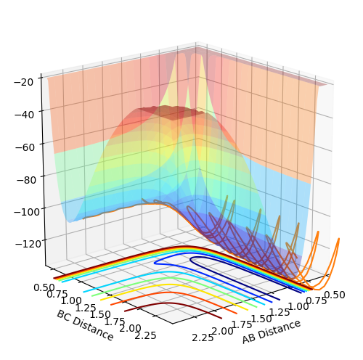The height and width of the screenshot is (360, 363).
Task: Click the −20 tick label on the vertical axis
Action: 24,82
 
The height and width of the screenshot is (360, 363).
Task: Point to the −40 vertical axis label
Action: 24,115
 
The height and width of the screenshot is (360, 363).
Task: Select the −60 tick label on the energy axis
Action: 25,147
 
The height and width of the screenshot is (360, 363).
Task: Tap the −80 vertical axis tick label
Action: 26,180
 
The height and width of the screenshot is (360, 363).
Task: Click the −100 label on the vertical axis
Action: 27,212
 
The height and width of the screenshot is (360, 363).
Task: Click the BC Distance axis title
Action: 85,325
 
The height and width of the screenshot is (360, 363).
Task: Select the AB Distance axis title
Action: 272,332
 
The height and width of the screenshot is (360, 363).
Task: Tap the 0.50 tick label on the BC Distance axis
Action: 44,288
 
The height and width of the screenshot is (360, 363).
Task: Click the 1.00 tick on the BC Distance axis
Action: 71,301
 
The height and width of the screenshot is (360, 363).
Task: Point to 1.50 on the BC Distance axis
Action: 100,315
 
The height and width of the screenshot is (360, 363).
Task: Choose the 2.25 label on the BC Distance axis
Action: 145,336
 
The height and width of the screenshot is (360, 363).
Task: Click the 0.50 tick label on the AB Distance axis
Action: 334,295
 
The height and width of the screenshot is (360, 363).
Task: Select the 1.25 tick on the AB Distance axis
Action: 280,313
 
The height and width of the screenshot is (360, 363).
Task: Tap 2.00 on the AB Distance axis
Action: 223,331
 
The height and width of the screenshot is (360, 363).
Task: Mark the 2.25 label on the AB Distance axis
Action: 203,337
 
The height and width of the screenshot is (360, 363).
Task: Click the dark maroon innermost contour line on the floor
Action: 167,303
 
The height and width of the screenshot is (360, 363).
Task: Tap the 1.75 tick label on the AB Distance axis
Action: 242,324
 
